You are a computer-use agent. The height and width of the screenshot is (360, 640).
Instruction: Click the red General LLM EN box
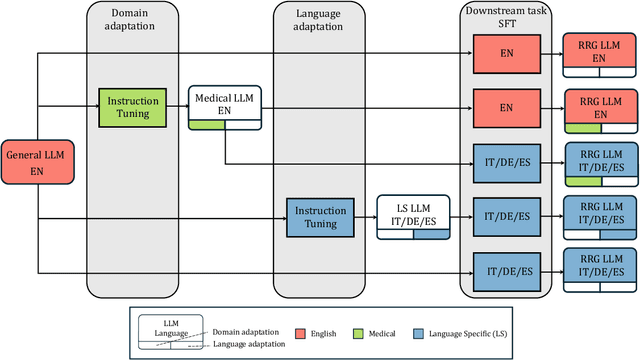37,163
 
